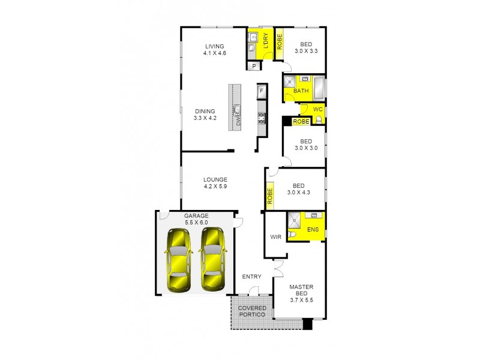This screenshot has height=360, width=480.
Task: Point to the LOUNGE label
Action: (215, 179)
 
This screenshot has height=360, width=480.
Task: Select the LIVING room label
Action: (214, 46)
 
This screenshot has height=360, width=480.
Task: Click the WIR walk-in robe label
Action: (276, 237)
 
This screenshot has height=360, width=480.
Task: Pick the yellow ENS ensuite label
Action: (312, 230)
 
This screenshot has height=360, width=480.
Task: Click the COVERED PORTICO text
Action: (252, 312)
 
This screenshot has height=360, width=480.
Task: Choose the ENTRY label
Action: (251, 277)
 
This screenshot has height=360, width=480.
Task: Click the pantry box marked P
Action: (254, 66)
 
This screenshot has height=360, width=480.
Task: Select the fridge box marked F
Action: (261, 91)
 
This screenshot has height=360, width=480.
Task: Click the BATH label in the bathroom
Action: (301, 91)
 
